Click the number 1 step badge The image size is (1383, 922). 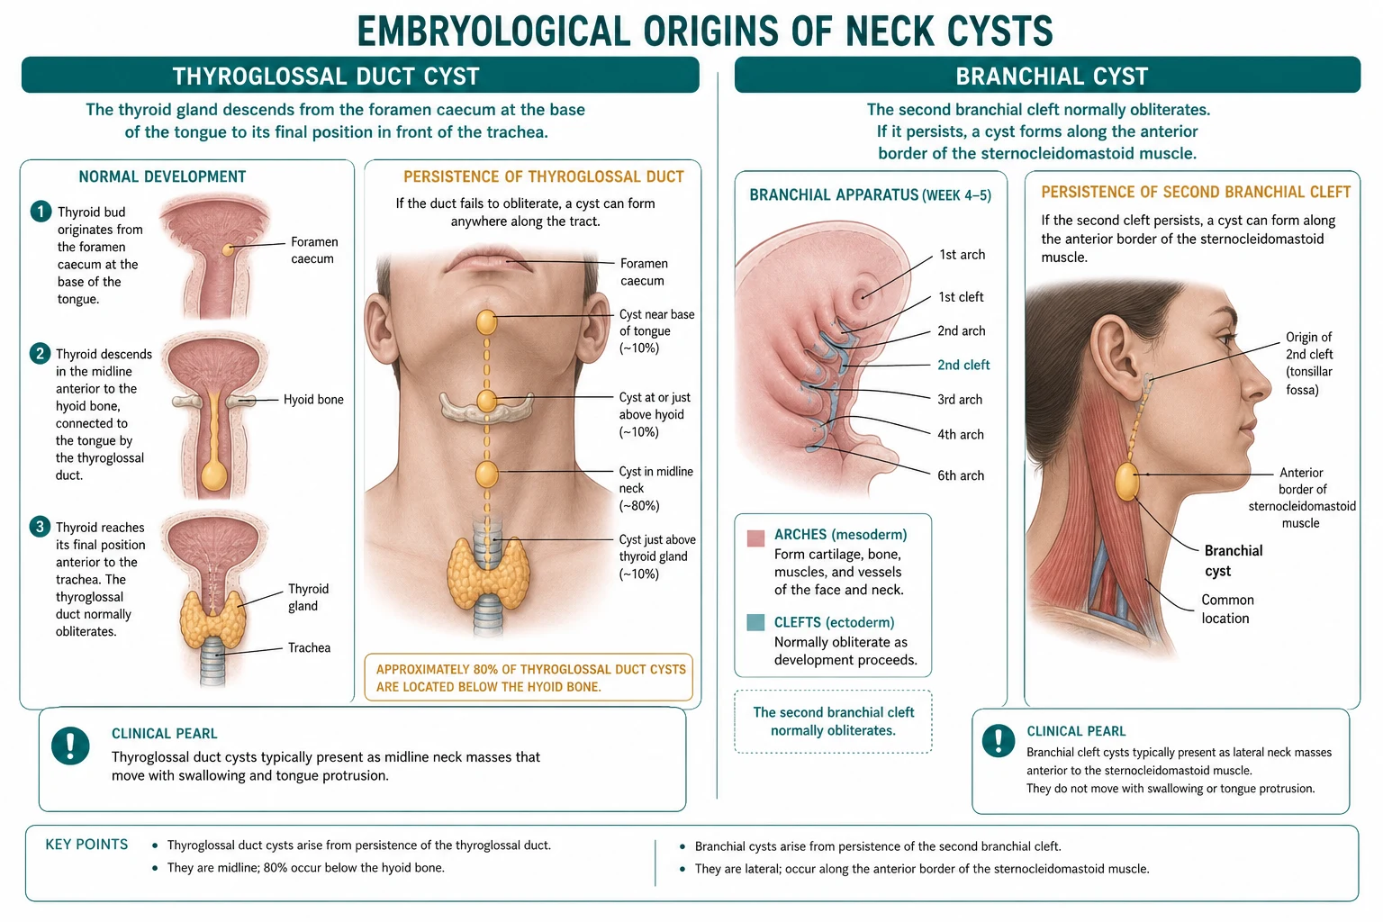pos(41,212)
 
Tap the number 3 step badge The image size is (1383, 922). pos(40,527)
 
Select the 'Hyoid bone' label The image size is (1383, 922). pos(313,400)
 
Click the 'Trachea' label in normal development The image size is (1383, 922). pos(310,647)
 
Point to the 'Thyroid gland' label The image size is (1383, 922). pos(308,597)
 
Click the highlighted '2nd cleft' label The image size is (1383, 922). pos(963,365)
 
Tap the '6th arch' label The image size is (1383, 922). pos(961,475)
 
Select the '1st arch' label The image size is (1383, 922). pos(962,255)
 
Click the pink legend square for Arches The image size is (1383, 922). pos(755,538)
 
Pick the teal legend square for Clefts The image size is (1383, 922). pos(755,622)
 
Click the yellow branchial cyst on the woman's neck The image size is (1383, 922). pos(1126,481)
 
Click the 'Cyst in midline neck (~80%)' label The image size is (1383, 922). pos(656,489)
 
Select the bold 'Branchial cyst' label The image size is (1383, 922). pos(1234,561)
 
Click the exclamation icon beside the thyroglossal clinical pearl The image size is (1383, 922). pos(70,746)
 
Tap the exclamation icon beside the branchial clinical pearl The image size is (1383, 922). pos(999,740)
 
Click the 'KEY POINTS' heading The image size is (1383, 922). pos(86,845)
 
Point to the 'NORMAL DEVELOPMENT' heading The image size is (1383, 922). pos(162,176)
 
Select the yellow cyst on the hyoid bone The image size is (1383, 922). pos(486,401)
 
